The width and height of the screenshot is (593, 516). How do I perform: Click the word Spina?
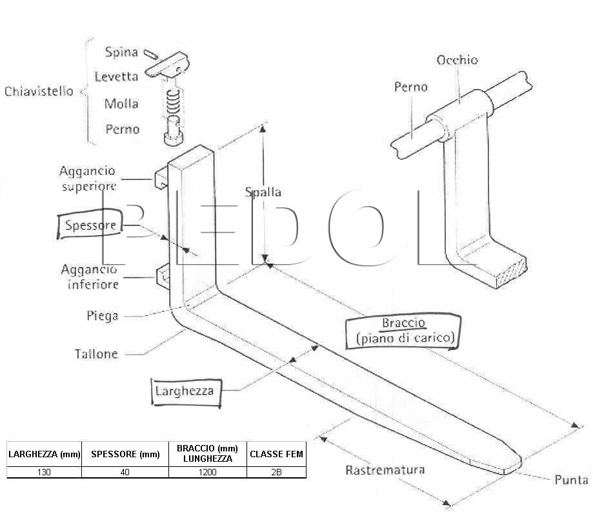[121, 52]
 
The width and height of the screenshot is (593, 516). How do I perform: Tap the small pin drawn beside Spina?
[151, 54]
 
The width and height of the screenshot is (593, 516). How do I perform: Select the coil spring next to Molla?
[173, 102]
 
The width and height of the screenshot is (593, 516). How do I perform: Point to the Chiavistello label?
[39, 91]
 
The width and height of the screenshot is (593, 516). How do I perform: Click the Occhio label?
[457, 60]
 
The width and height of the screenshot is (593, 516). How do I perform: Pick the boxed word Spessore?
[90, 225]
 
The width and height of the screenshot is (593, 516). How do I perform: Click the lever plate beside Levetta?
[167, 65]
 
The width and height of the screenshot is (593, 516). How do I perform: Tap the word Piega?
[103, 316]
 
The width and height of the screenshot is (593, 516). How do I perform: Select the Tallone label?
[96, 354]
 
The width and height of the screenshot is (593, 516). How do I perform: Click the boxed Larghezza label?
[185, 391]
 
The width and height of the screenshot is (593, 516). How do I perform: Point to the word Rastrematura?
[385, 470]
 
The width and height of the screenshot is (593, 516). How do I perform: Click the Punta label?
[571, 480]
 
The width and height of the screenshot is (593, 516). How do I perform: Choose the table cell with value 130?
[44, 472]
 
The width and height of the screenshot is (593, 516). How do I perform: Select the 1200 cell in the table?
[208, 472]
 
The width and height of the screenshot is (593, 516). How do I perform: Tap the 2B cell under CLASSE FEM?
[276, 472]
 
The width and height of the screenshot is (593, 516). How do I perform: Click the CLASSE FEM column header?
[276, 454]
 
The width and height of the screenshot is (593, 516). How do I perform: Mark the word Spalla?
[263, 192]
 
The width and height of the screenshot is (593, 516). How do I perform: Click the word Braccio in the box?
[403, 323]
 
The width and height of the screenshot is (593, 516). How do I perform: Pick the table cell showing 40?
[125, 472]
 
